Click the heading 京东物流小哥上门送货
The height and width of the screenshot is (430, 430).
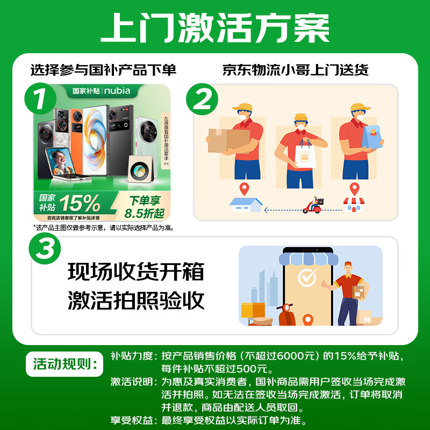coord(295,70)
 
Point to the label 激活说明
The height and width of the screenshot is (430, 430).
coord(130,382)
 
